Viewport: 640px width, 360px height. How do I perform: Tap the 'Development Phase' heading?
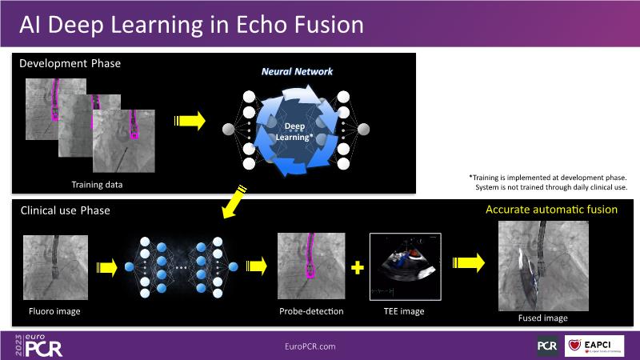pos(70,62)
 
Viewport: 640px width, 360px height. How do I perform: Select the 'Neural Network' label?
pos(297,72)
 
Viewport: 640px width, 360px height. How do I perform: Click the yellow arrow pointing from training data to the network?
pos(189,122)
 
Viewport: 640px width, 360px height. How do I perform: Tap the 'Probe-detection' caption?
pos(311,311)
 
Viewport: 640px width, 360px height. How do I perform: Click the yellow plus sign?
pos(358,266)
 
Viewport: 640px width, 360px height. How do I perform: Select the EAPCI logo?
pos(594,346)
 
